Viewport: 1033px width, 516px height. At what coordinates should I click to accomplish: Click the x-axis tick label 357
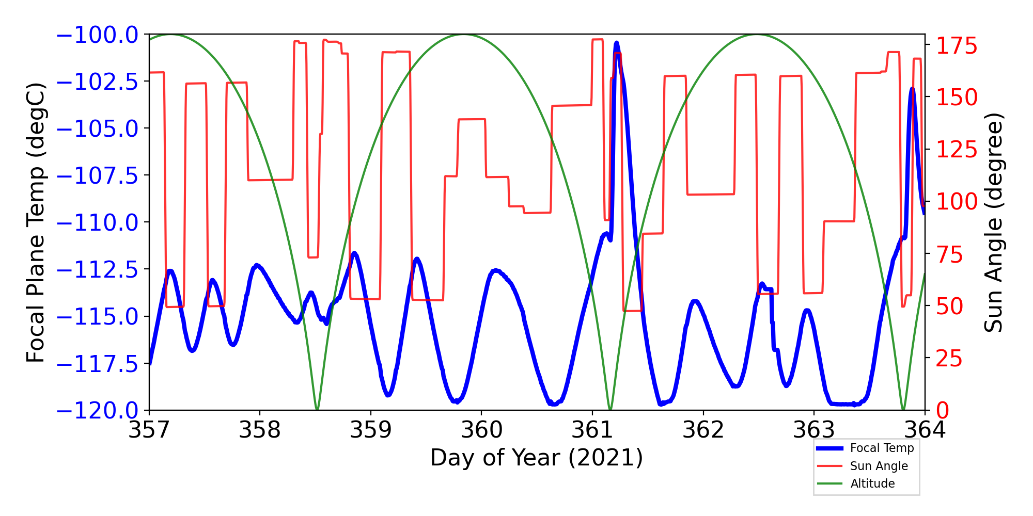(x=149, y=430)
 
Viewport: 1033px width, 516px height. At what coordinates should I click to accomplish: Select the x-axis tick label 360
(x=481, y=430)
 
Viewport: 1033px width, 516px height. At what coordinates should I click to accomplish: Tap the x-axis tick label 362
(x=703, y=430)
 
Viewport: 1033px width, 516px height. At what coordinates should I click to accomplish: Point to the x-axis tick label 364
(x=925, y=430)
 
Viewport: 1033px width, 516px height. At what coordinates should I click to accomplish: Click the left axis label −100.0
(x=97, y=35)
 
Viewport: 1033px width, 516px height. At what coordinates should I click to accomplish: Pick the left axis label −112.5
(x=97, y=270)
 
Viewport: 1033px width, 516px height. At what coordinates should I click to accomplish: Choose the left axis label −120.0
(x=97, y=411)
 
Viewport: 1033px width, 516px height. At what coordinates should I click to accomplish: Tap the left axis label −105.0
(x=97, y=129)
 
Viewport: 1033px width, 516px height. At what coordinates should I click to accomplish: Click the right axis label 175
(x=957, y=46)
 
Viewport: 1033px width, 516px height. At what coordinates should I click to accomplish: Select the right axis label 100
(x=957, y=202)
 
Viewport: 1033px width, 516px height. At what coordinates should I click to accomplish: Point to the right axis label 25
(x=950, y=359)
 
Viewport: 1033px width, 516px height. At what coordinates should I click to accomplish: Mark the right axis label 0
(x=943, y=411)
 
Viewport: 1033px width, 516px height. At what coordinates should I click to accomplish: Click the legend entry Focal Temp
(x=882, y=448)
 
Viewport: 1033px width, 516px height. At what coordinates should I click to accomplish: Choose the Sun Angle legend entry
(x=879, y=466)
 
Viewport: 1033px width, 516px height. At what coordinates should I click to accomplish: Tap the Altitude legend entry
(x=872, y=483)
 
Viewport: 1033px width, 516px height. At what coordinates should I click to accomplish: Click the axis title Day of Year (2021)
(x=537, y=458)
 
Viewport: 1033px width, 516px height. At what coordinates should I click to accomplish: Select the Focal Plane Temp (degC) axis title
(x=36, y=222)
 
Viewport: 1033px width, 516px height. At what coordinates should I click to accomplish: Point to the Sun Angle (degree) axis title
(x=993, y=222)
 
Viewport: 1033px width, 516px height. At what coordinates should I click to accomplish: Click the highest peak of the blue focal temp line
(x=616, y=43)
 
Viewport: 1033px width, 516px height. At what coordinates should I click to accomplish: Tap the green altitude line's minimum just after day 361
(x=611, y=409)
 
